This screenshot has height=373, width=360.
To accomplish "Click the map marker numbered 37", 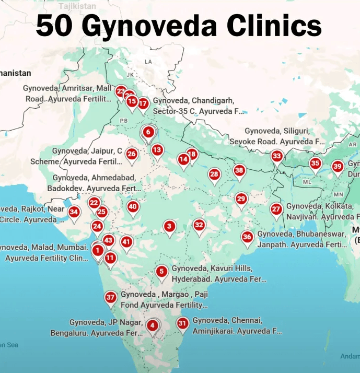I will coord(110,298).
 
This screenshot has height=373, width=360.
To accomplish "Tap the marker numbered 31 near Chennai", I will coord(182,324).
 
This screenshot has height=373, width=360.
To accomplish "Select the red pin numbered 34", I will coord(75,212).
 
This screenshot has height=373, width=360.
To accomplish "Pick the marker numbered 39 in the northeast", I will coord(338,167).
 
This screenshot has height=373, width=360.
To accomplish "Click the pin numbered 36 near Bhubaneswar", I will coord(247,237).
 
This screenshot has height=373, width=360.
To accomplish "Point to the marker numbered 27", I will coord(276,209).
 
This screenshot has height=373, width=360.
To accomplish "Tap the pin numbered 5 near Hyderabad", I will coord(162,272).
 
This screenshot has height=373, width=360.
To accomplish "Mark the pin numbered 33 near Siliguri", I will coord(276,156).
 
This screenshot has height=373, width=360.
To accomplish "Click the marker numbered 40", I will coord(133,207).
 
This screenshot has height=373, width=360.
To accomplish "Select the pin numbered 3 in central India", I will coord(169,227).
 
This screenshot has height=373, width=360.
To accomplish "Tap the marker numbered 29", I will coord(241,199).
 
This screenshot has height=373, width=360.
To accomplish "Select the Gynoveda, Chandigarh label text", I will coord(194,100).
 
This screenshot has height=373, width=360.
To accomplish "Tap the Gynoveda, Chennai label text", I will coord(227,320).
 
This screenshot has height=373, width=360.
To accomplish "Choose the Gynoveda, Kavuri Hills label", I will coord(212,269).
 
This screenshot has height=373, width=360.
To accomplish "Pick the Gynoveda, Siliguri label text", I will coord(277,131).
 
